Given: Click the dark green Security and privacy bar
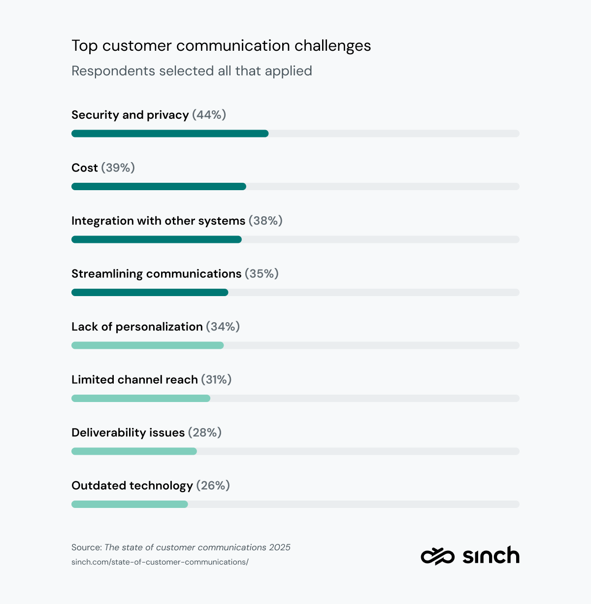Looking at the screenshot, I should click(x=170, y=134).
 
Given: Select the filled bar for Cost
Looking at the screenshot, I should click(x=159, y=187).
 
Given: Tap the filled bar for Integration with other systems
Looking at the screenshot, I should click(x=157, y=239).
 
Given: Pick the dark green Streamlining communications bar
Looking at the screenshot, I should click(x=150, y=293).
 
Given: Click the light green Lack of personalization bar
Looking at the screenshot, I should click(x=148, y=345).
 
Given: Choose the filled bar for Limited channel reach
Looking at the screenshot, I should click(x=141, y=399).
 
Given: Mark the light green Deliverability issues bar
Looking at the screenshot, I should click(x=134, y=451).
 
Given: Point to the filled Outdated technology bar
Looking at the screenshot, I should click(x=130, y=504).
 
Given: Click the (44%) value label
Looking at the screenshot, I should click(x=209, y=115).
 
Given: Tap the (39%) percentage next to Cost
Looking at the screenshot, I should click(x=118, y=168).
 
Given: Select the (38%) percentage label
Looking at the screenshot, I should click(x=265, y=221).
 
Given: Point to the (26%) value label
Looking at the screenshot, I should click(x=213, y=486).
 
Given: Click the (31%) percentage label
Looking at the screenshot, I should click(x=216, y=380).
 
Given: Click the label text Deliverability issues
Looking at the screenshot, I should click(x=128, y=433).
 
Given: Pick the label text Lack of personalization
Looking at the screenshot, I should click(x=137, y=327).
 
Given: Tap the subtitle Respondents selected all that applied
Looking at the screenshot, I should click(x=192, y=71).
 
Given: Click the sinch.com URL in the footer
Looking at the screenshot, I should click(x=160, y=562).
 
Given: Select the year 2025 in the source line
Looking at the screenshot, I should click(x=280, y=547).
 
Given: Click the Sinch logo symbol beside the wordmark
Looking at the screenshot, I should click(x=437, y=556).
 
